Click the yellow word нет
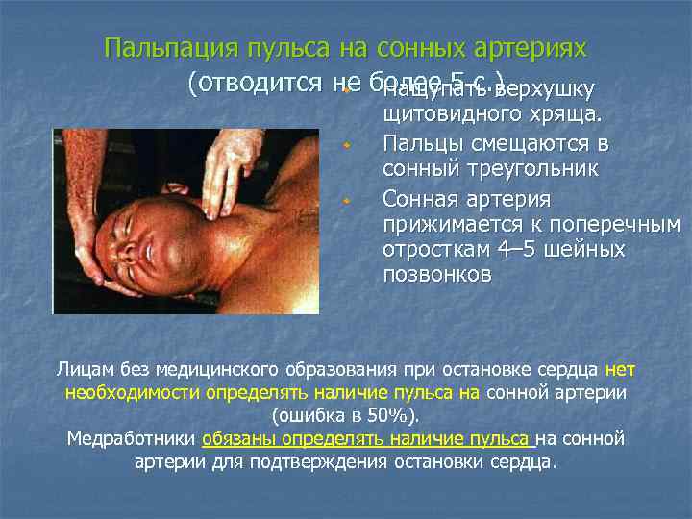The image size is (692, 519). (x=622, y=369)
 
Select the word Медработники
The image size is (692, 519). (x=132, y=439)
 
